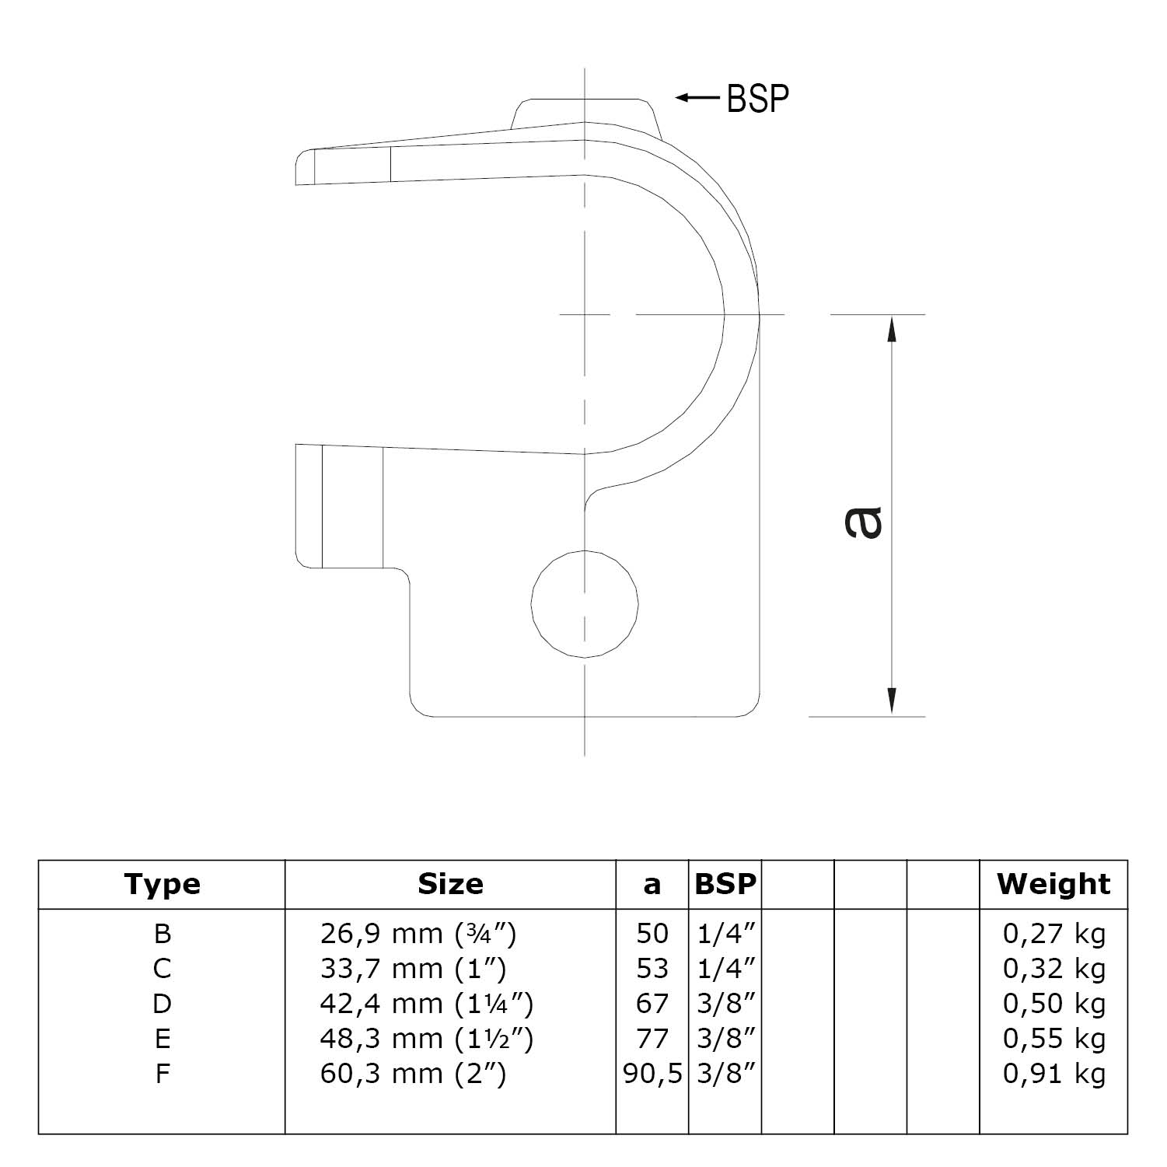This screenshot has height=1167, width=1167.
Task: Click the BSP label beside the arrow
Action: [757, 99]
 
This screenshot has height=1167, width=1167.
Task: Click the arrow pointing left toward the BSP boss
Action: [697, 98]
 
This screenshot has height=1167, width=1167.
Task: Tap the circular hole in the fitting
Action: [585, 603]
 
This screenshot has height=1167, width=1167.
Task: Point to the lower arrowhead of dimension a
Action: [892, 701]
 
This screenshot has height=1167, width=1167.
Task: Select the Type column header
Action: [162, 884]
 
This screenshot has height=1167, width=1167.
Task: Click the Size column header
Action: [450, 884]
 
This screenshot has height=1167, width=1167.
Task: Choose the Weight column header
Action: [1053, 884]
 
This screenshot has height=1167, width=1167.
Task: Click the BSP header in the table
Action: [725, 884]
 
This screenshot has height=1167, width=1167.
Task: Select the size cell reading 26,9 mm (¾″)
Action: [418, 934]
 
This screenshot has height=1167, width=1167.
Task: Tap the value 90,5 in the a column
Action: [652, 1074]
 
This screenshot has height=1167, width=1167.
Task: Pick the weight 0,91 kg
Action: [1053, 1074]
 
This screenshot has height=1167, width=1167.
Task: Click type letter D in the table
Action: [162, 1004]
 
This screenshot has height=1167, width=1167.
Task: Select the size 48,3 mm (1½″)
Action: [426, 1039]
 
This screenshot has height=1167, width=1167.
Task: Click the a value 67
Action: [652, 1004]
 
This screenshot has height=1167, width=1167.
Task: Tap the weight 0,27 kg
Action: [1053, 934]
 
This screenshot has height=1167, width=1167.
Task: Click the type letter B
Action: [162, 934]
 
